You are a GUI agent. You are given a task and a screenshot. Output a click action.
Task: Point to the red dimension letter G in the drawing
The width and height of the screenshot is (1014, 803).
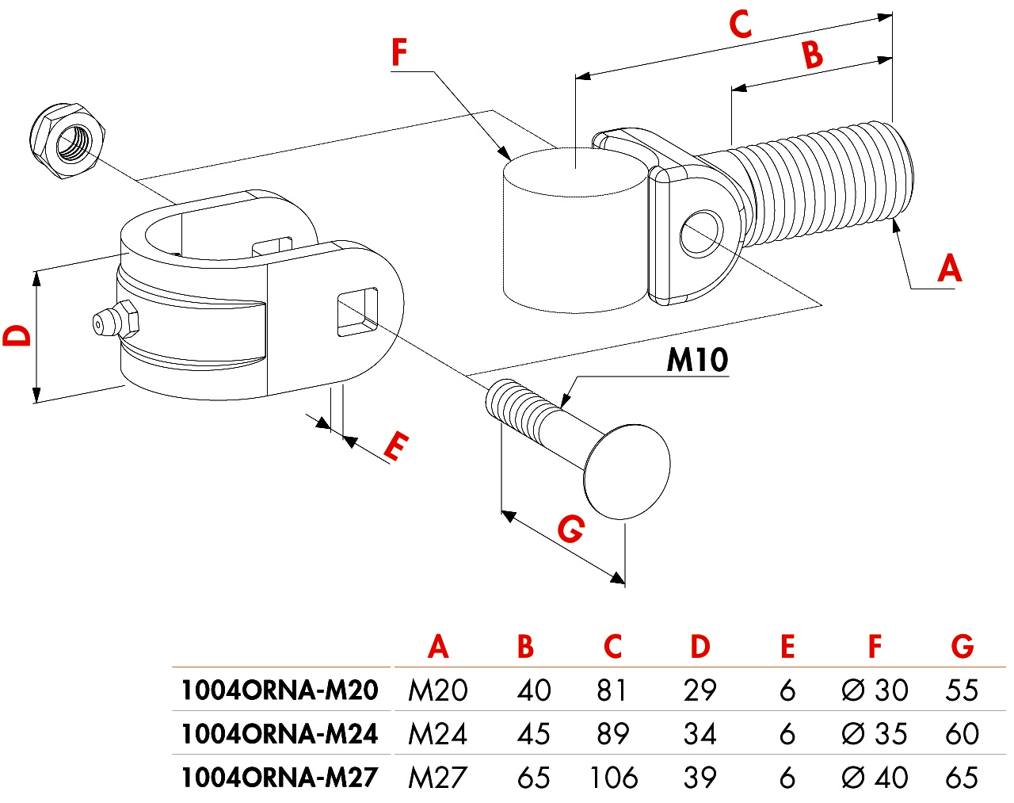(570, 529)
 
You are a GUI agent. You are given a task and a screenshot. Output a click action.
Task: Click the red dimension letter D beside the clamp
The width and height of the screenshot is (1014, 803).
(17, 335)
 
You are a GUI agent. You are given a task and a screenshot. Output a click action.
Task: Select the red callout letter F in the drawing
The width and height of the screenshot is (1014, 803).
(399, 53)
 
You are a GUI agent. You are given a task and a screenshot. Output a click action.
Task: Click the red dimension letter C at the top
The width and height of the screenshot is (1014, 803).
(740, 25)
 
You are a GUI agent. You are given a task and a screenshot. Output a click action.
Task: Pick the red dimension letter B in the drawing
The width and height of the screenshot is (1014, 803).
(812, 55)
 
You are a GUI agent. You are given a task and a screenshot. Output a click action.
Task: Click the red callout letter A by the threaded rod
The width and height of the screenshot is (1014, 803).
(948, 268)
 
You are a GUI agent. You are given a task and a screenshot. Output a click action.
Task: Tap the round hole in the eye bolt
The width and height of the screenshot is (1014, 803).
(702, 233)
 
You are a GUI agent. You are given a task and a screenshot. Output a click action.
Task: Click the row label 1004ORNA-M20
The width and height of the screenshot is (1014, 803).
(279, 690)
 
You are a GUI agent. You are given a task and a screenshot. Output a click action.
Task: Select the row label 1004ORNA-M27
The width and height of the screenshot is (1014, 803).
(279, 778)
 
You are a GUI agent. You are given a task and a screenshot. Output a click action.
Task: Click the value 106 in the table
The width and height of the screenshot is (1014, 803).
(613, 778)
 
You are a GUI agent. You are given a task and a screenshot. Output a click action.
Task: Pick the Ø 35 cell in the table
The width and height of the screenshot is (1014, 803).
(875, 734)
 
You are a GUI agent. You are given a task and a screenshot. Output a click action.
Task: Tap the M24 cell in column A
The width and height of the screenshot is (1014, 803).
(437, 734)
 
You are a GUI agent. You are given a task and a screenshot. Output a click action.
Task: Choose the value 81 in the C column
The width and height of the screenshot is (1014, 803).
(612, 690)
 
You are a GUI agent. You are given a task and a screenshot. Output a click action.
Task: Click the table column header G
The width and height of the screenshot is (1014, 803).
(962, 647)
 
